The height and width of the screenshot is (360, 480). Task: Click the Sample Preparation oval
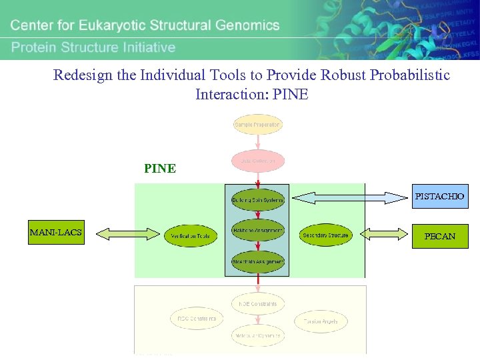(257, 125)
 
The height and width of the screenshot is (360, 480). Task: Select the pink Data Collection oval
(258, 161)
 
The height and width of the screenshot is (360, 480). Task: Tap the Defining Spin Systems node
(257, 199)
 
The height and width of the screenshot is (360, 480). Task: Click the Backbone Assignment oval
(258, 231)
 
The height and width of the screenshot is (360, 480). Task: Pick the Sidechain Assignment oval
(258, 262)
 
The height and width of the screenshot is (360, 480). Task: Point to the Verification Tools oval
(190, 235)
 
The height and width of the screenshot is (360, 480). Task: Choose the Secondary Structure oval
(325, 235)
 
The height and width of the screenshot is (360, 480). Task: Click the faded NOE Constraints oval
(258, 304)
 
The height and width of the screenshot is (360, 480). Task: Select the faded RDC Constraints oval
(197, 319)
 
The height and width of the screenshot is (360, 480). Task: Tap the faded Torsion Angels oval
(321, 321)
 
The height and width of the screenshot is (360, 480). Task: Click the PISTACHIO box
(439, 197)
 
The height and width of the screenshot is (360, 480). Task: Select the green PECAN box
(439, 236)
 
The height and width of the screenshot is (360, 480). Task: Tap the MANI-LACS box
(56, 233)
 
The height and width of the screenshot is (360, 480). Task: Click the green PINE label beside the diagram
(160, 169)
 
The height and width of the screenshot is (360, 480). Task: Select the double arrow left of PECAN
(383, 234)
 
